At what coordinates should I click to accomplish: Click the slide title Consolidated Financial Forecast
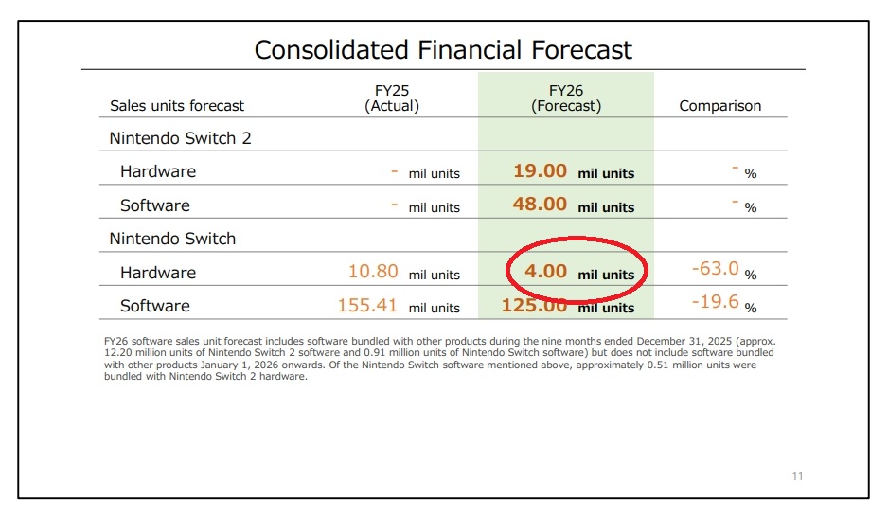tap(443, 49)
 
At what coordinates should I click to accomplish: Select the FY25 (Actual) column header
tap(391, 98)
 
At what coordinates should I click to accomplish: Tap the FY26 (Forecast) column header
tap(565, 98)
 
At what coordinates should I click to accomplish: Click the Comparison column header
tap(719, 106)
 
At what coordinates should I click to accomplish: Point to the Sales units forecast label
tap(177, 106)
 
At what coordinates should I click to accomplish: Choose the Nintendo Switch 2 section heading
tap(180, 138)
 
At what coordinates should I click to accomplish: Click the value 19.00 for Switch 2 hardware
tap(540, 171)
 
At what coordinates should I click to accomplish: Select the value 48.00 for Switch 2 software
tap(540, 205)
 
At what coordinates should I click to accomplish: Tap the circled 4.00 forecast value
tap(545, 272)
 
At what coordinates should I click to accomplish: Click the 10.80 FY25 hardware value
tap(373, 272)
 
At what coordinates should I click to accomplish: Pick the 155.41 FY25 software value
tap(367, 306)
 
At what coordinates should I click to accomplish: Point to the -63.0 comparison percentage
tap(715, 269)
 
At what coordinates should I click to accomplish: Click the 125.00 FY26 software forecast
tap(534, 306)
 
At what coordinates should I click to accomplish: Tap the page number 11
tap(797, 476)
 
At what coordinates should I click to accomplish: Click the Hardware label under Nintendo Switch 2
tap(158, 171)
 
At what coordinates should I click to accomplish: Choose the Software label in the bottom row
tap(154, 306)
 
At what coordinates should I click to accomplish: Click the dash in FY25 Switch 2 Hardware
tap(394, 171)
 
